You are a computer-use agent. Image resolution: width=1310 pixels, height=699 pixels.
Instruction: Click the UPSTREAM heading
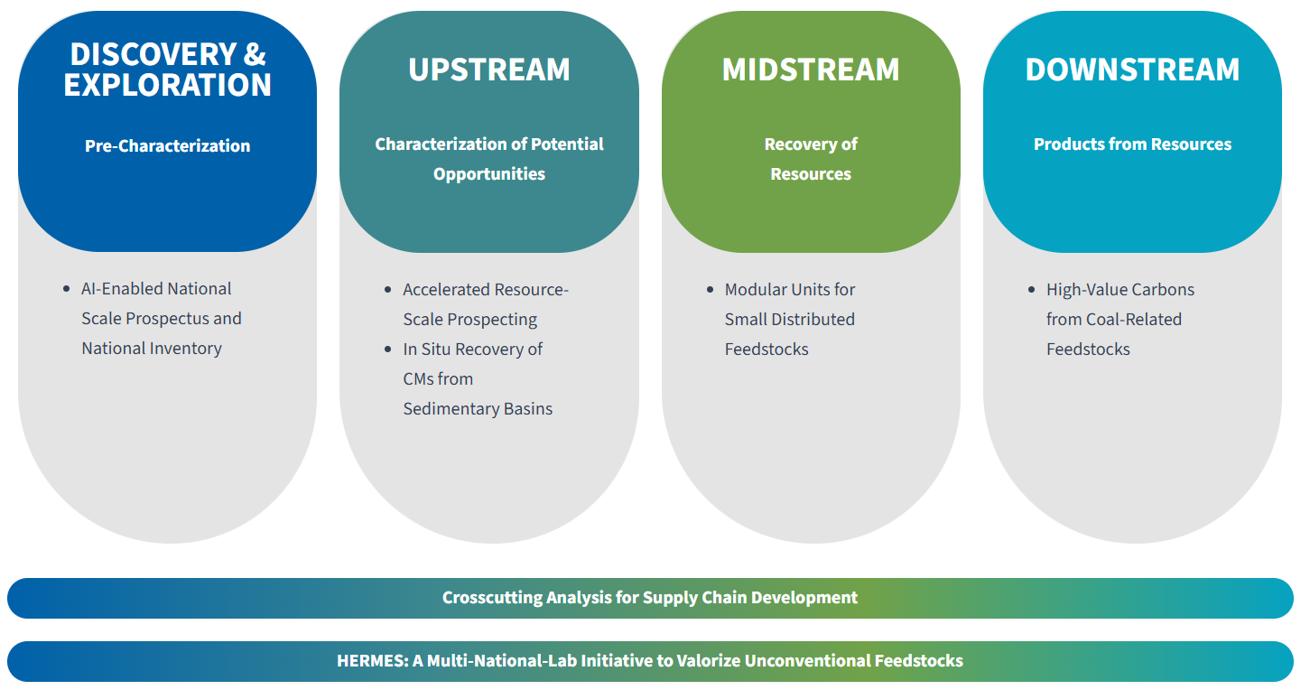click(488, 70)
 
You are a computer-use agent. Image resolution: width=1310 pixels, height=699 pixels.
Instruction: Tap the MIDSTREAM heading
click(810, 70)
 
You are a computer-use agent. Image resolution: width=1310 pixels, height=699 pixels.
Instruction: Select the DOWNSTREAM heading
click(1132, 70)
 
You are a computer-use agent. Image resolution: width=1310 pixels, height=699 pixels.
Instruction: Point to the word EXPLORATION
click(167, 85)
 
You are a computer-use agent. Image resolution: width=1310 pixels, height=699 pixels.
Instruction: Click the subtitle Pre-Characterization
click(167, 145)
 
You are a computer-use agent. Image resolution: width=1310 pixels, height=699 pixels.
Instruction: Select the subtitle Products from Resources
click(1132, 144)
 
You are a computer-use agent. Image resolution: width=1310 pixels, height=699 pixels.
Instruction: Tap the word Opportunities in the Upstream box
click(488, 174)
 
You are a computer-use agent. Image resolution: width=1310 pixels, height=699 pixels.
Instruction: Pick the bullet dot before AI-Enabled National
click(66, 289)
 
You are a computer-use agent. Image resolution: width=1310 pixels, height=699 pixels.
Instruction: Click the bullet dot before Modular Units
click(710, 290)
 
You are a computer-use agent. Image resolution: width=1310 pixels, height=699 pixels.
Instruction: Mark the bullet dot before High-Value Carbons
click(1031, 290)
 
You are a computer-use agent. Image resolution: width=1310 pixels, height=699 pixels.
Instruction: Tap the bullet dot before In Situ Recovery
click(388, 349)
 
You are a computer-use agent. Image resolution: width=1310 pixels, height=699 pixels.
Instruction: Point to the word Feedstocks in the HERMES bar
click(918, 661)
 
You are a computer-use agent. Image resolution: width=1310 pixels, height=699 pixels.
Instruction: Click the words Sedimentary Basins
click(478, 409)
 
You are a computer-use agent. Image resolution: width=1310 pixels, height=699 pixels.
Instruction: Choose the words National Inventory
click(152, 349)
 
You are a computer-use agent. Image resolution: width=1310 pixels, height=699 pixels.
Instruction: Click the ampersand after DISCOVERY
click(255, 54)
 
